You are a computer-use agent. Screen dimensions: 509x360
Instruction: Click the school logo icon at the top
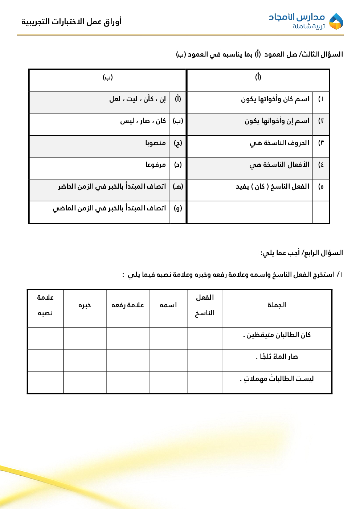[336, 21]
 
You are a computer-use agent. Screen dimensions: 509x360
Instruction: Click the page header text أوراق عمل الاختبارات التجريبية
[71, 22]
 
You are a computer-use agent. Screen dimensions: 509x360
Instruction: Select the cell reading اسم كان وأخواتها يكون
[275, 99]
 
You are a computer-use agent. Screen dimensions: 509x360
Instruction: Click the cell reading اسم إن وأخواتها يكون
[277, 121]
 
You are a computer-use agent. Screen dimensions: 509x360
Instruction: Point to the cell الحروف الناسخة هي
[279, 143]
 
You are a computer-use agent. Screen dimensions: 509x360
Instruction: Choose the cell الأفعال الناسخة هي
[279, 165]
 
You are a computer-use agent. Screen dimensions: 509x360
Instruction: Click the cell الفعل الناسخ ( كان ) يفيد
[273, 186]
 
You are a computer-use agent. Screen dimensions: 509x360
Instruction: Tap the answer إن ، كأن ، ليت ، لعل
[138, 99]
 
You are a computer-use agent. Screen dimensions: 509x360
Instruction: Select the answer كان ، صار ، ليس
[143, 121]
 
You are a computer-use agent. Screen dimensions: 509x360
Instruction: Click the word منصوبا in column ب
[155, 143]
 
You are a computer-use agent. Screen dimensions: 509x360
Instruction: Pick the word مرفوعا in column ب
[156, 165]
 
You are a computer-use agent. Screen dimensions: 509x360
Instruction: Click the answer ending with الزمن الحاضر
[112, 186]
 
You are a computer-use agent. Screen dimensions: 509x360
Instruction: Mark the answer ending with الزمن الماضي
[109, 208]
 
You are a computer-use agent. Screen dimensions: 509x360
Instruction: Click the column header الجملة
[277, 305]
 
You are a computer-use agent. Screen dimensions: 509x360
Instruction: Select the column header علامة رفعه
[127, 305]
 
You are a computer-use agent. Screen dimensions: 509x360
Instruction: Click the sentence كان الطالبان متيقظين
[277, 335]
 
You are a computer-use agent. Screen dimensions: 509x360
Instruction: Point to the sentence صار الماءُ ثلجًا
[277, 357]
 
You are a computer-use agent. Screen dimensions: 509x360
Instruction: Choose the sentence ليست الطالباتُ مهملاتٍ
[277, 379]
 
